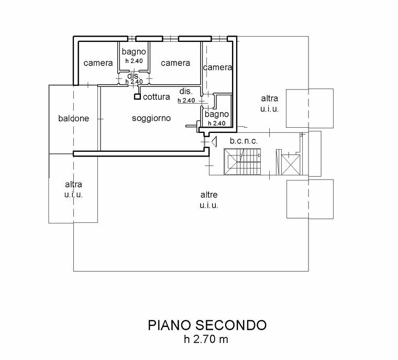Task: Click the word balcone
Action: [x=74, y=118]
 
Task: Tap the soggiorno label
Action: [x=151, y=118]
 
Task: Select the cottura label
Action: [x=157, y=97]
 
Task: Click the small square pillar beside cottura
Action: [x=137, y=97]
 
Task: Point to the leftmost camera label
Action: [x=98, y=63]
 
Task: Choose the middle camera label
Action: [x=175, y=63]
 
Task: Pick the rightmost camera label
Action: [x=217, y=67]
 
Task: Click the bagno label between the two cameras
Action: [x=134, y=52]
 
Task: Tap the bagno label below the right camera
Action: [x=217, y=115]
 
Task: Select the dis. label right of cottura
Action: [x=186, y=91]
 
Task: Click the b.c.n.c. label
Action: [x=244, y=141]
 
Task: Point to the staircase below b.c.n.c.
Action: [x=242, y=162]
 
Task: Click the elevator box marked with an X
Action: [x=291, y=165]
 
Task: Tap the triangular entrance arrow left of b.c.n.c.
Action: [x=214, y=141]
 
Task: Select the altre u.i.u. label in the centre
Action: [x=209, y=200]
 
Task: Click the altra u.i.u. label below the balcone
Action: [x=73, y=189]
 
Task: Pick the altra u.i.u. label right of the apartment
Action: [x=269, y=104]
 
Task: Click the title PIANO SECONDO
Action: [x=207, y=325]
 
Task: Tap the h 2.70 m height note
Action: [x=206, y=339]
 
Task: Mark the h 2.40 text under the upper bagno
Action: [x=134, y=61]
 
